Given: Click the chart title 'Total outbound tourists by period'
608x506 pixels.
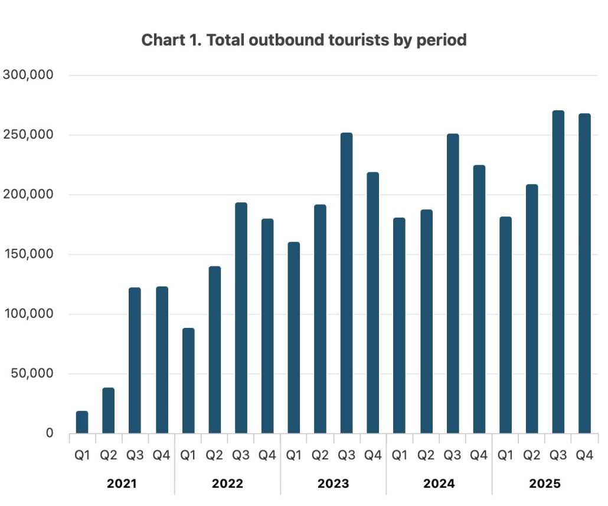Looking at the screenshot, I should click(304, 40).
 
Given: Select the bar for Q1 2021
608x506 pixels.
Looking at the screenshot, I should click(82, 422).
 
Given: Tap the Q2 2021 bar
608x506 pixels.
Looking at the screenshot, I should click(108, 410).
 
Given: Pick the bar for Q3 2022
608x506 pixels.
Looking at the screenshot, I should click(241, 318).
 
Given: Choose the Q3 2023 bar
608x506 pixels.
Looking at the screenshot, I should click(347, 283).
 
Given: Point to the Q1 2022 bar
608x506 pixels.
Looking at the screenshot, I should click(188, 381).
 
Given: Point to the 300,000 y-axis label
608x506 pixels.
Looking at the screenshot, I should click(28, 75).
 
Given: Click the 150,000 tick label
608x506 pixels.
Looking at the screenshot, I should click(28, 254).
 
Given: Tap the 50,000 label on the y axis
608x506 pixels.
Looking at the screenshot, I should click(32, 373).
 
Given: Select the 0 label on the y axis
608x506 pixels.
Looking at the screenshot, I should click(50, 433).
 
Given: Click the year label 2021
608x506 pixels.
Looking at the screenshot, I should click(122, 484).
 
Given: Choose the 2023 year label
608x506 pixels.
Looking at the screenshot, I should click(334, 484).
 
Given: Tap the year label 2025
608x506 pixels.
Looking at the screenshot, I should click(545, 484).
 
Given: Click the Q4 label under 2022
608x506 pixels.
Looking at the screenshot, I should click(267, 455).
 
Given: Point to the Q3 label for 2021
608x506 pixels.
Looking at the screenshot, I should click(135, 455).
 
